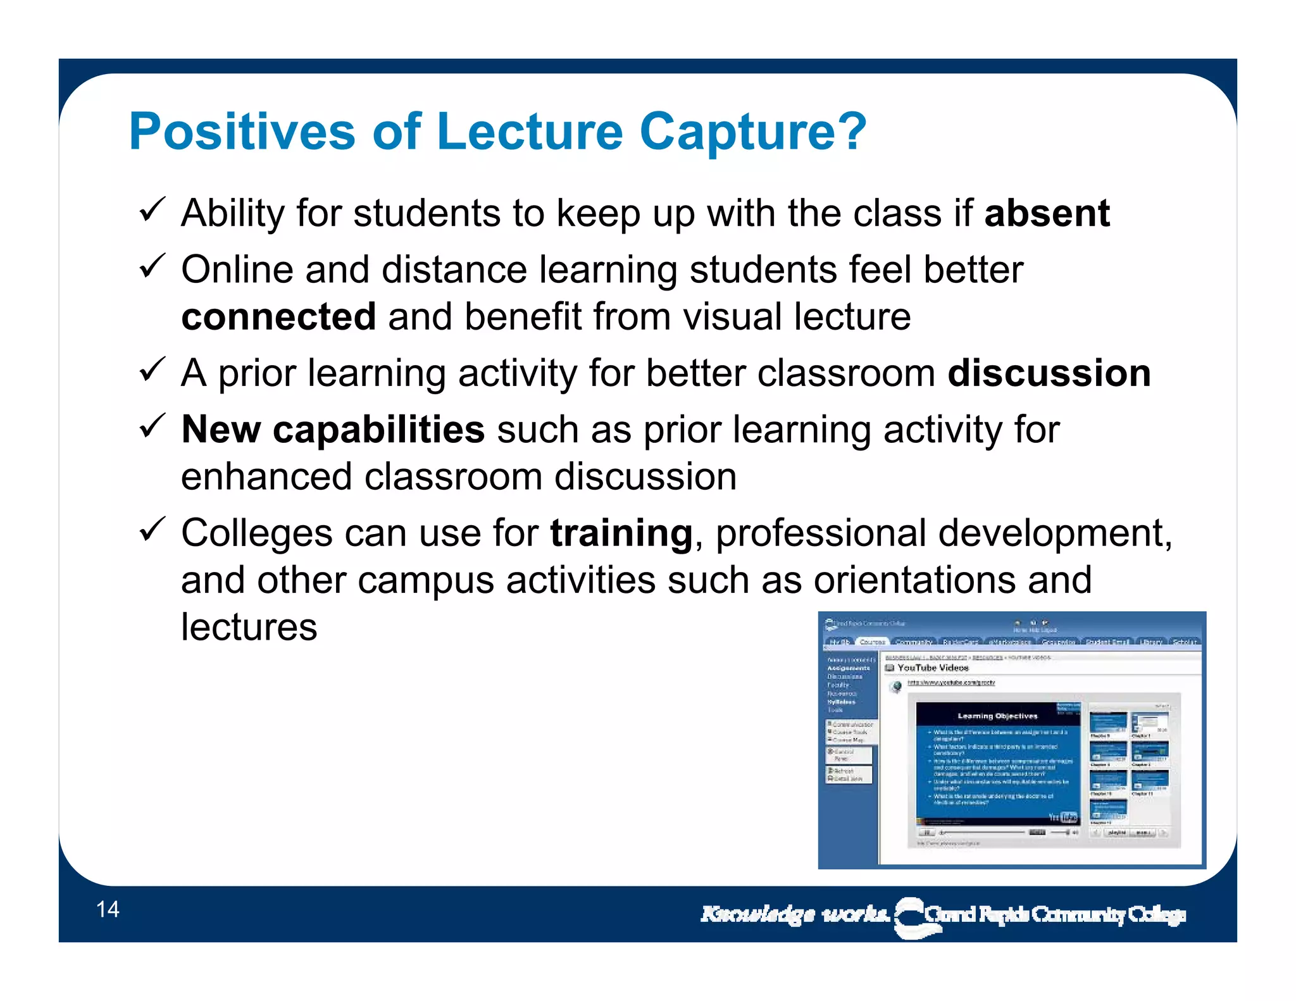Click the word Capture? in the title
[x=752, y=132]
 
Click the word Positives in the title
[x=242, y=132]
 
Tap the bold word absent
[x=1047, y=213]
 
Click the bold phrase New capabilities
[x=333, y=430]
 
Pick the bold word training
[x=621, y=533]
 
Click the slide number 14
[x=108, y=909]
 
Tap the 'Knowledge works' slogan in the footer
[x=795, y=914]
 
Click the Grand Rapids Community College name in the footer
[x=1054, y=915]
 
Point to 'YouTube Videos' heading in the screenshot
[x=933, y=668]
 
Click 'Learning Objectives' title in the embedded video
[x=997, y=716]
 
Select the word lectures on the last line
[x=249, y=627]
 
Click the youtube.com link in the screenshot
[x=951, y=683]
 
